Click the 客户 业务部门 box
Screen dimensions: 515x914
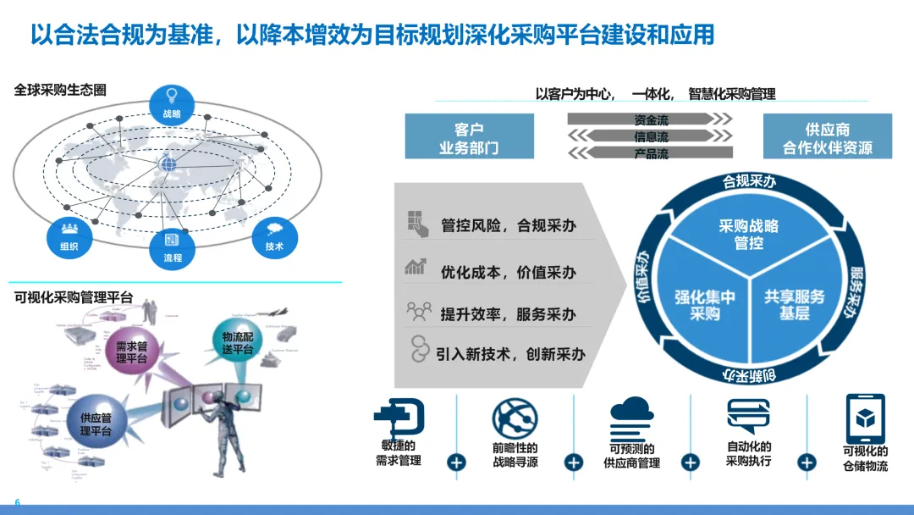(469, 136)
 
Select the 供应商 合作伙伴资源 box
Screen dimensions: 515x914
(827, 136)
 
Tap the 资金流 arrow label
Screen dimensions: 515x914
(651, 120)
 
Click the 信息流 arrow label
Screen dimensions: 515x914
(651, 136)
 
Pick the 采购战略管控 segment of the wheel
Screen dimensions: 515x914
(748, 234)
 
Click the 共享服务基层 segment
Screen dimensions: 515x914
(794, 303)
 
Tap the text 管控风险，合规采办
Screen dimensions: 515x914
(508, 225)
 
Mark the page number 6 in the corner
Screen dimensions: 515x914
(17, 501)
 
